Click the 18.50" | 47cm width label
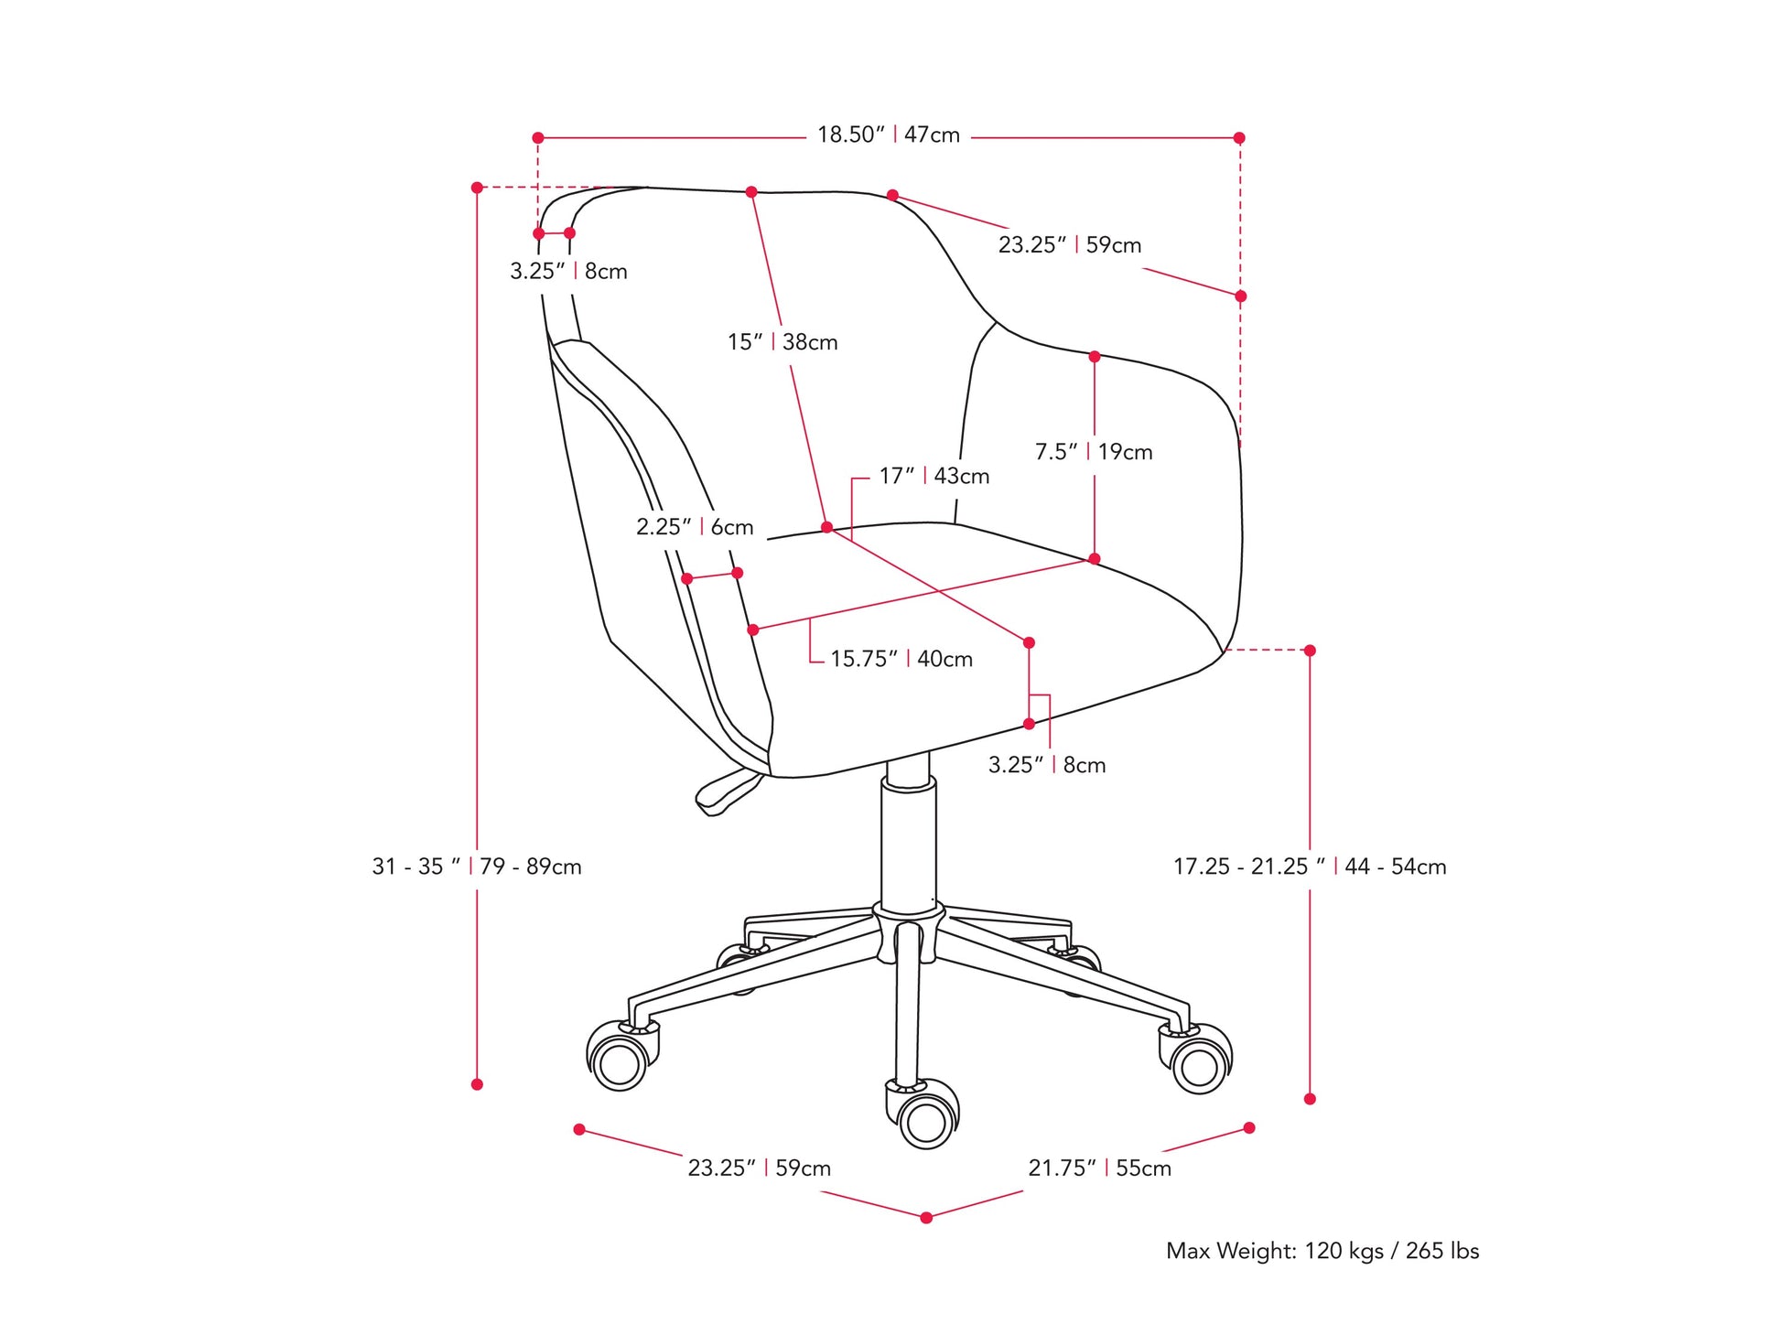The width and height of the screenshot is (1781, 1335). (x=888, y=135)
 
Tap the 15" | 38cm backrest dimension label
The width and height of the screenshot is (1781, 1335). (x=783, y=342)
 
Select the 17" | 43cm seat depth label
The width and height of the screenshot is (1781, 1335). (x=934, y=476)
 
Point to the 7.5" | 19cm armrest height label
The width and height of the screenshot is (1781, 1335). (x=1093, y=452)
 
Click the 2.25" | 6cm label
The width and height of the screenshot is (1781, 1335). (x=695, y=527)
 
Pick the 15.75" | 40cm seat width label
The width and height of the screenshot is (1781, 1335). (x=901, y=659)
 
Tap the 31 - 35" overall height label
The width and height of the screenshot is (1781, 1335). (x=476, y=867)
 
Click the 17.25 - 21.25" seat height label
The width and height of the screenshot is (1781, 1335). (x=1309, y=867)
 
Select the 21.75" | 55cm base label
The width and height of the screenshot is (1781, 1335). (x=1098, y=1168)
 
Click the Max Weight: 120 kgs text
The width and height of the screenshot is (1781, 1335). (x=1322, y=1251)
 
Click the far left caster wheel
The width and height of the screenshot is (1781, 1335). (x=620, y=1061)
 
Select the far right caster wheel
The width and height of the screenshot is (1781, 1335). (x=1199, y=1063)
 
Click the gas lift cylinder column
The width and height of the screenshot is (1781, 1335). (x=908, y=842)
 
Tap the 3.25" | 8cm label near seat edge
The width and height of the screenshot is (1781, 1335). (x=1046, y=765)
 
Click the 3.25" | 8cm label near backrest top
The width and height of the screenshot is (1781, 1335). (x=568, y=272)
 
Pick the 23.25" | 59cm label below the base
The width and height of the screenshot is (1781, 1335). (x=759, y=1168)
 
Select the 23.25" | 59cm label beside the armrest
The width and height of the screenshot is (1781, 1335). (x=1069, y=245)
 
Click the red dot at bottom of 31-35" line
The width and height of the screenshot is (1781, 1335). (x=477, y=1084)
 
